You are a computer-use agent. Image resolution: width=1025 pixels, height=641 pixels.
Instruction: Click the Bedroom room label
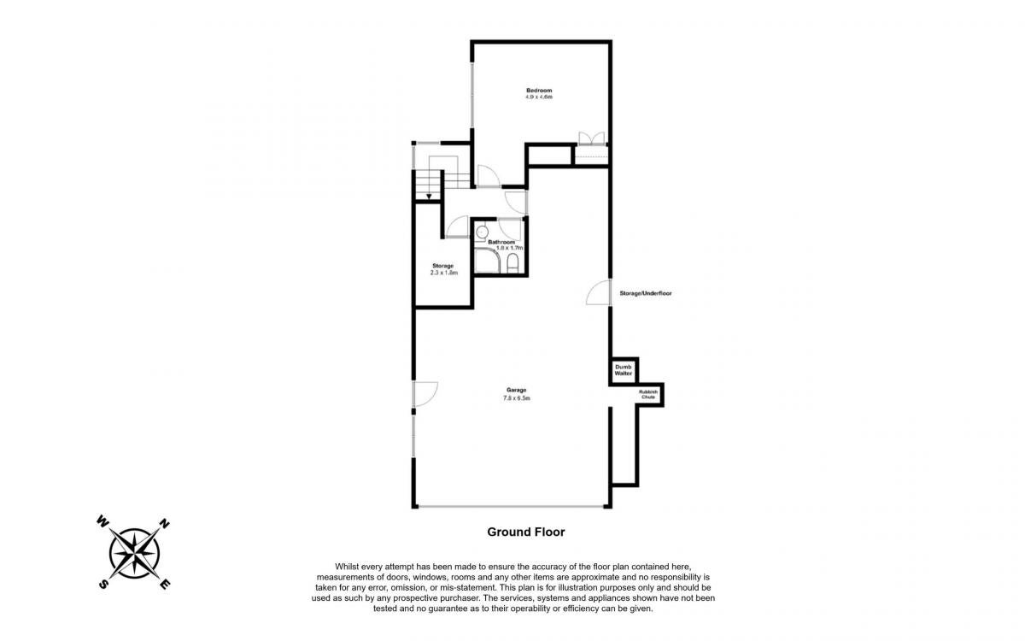539,91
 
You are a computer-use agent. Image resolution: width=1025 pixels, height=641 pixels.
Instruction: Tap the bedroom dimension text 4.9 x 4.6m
539,97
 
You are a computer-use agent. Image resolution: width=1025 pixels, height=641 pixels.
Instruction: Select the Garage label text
516,390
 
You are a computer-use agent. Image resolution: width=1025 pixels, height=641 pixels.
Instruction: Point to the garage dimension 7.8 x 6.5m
516,398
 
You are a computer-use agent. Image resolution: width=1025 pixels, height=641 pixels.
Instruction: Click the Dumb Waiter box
624,370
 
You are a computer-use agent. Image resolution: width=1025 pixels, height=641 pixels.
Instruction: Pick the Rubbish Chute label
648,394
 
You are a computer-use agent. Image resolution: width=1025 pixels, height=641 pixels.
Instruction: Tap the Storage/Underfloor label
646,293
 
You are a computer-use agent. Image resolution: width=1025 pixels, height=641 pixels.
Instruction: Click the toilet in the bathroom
512,263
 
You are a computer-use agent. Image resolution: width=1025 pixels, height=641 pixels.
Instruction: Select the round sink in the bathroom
482,232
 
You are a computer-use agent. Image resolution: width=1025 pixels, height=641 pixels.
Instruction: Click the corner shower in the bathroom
487,260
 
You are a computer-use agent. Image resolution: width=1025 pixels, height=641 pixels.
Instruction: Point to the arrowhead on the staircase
429,197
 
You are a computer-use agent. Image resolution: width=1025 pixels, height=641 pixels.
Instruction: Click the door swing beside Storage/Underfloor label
599,292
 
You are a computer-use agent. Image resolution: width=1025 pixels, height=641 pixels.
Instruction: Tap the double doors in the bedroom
592,138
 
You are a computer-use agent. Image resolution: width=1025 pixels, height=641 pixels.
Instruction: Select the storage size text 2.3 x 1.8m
444,273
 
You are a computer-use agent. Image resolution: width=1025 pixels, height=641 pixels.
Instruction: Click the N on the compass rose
164,524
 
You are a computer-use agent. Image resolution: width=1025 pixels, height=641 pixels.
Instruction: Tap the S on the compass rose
104,584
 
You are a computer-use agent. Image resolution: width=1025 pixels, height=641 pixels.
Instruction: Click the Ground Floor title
526,532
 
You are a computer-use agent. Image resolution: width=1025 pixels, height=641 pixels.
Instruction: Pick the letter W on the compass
102,521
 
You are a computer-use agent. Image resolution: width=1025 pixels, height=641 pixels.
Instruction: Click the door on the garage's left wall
425,394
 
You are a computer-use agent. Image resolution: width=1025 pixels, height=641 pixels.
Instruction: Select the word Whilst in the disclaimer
347,567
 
